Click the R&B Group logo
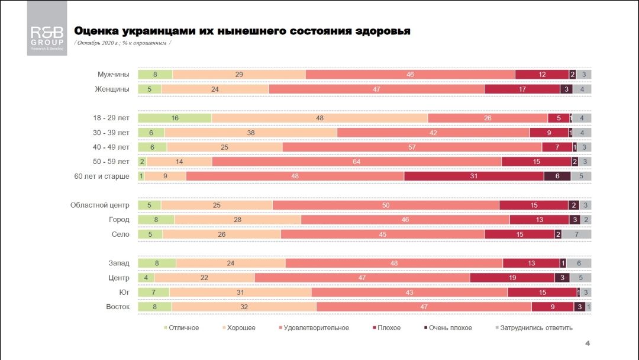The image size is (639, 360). (x=47, y=29)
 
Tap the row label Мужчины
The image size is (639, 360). (x=114, y=75)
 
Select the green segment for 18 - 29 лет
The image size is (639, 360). (x=175, y=118)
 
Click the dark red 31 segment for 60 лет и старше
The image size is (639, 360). (x=473, y=176)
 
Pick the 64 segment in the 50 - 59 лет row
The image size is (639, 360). (x=357, y=162)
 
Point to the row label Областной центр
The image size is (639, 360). (x=99, y=205)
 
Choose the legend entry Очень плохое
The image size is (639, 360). (x=450, y=327)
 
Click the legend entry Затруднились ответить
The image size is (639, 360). (x=536, y=327)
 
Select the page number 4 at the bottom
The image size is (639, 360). (x=588, y=343)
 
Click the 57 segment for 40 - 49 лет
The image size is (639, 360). (x=412, y=147)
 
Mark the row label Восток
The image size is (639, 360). (x=118, y=307)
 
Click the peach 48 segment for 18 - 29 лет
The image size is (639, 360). (x=319, y=118)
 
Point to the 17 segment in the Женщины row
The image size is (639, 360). (x=522, y=89)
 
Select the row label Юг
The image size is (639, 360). (x=124, y=292)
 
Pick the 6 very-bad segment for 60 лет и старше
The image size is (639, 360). (x=557, y=176)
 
